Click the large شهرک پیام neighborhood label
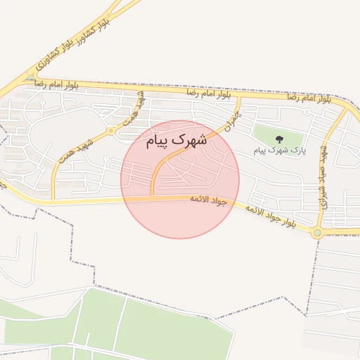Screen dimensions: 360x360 click(x=177, y=141)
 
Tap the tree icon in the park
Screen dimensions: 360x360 click(x=279, y=139)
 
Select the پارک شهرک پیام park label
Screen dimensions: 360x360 click(x=279, y=150)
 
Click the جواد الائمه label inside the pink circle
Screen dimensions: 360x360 click(x=209, y=200)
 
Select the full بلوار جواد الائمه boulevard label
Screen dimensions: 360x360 click(x=276, y=217)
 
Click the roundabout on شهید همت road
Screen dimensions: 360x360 click(x=110, y=131)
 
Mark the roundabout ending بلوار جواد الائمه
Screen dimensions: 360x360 click(x=318, y=232)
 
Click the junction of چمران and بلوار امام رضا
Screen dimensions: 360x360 click(x=240, y=96)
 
